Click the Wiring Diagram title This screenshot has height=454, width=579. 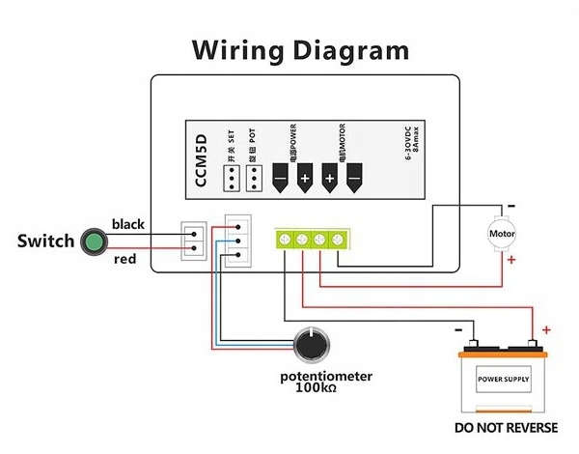click(299, 49)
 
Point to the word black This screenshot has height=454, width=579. click(127, 224)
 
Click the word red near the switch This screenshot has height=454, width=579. click(124, 258)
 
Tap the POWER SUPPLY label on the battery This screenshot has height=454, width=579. click(503, 378)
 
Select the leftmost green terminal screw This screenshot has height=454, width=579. click(284, 239)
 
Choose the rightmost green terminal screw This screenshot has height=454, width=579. click(338, 239)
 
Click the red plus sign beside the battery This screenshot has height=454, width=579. click(546, 330)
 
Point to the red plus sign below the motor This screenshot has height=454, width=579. click(511, 260)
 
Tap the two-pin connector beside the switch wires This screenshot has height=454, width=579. click(193, 240)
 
